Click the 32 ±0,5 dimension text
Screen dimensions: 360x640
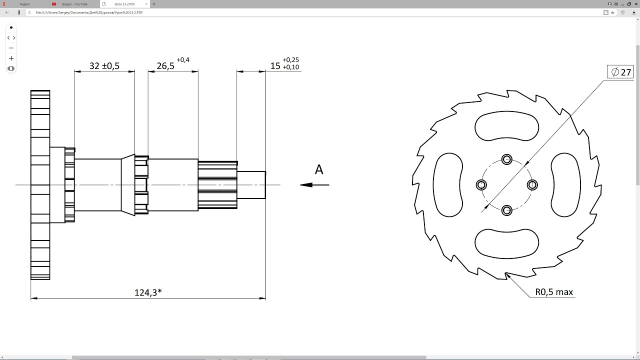[x=104, y=66]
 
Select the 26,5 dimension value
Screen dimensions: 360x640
[x=165, y=66]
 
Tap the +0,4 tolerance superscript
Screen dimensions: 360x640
[x=183, y=60]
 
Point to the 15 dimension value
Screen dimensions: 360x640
[x=275, y=66]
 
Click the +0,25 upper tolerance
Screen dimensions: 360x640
[x=290, y=60]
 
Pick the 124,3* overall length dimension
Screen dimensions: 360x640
[x=148, y=292]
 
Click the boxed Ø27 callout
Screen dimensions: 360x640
[x=620, y=72]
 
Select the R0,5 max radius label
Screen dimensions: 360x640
[x=554, y=292]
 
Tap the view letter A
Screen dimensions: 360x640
[x=319, y=170]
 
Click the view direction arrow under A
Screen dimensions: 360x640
[x=314, y=185]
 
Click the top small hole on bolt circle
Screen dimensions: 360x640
[x=507, y=159]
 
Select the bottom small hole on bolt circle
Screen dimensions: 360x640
[x=507, y=210]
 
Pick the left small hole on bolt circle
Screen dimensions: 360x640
[x=481, y=185]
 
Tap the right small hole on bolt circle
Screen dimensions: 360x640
[x=532, y=185]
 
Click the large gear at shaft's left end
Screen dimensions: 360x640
[x=40, y=185]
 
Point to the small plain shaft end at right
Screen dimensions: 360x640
[x=251, y=185]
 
